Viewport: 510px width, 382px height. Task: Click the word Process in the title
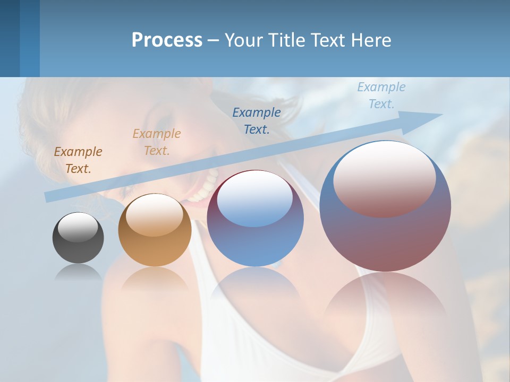pos(167,40)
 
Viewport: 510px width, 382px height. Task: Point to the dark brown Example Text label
pos(78,160)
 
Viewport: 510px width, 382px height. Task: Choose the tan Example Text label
pos(157,142)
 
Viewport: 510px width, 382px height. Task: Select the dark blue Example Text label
pos(257,120)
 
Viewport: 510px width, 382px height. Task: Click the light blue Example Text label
pos(381,95)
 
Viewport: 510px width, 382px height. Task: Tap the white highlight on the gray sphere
pos(78,227)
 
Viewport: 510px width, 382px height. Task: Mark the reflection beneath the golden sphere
pos(155,279)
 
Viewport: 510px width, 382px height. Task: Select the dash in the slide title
pos(214,40)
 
